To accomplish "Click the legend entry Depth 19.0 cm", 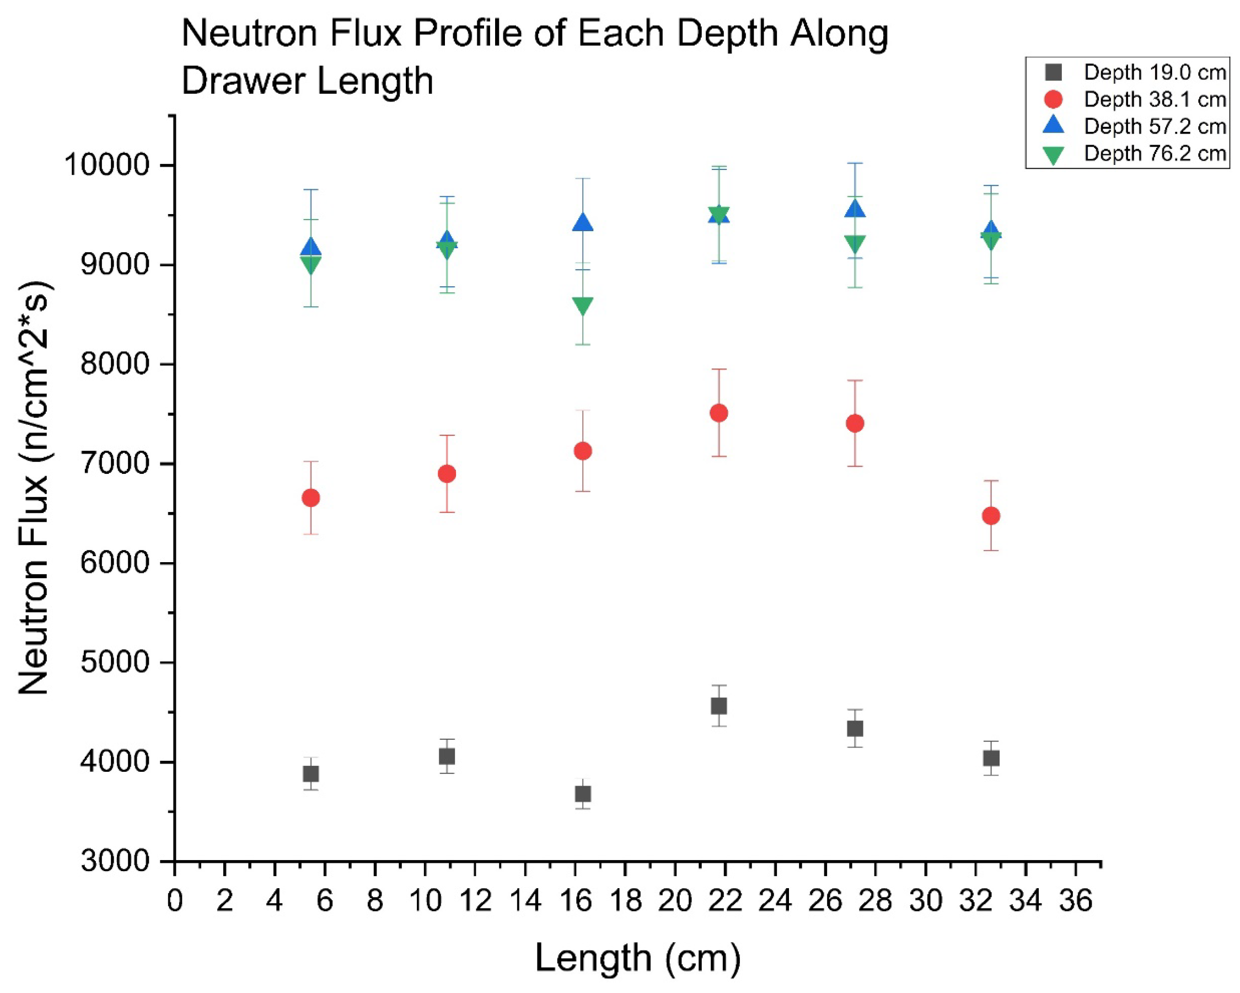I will (x=1155, y=73).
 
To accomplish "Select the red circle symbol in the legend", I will (x=1053, y=99).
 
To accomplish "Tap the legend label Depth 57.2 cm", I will (x=1155, y=126).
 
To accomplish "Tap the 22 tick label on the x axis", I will (x=724, y=901).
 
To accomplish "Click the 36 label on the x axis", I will (x=1076, y=901).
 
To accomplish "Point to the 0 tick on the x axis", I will (x=175, y=901).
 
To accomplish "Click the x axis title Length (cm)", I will (x=638, y=958).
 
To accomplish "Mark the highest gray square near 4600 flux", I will (x=719, y=706).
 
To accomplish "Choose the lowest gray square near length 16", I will (x=583, y=794).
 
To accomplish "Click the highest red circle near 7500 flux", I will (x=719, y=413).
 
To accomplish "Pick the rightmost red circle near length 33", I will (x=991, y=515).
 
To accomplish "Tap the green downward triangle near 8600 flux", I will (x=583, y=306).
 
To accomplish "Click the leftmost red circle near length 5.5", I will (x=310, y=498).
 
